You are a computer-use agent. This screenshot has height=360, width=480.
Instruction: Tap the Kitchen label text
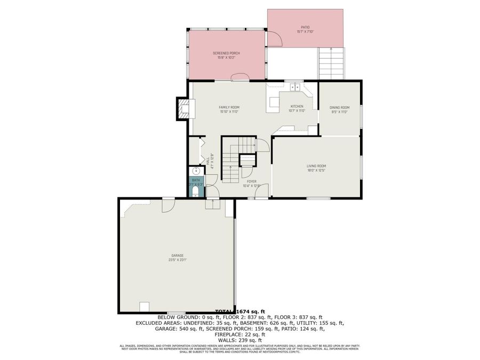click(x=297, y=106)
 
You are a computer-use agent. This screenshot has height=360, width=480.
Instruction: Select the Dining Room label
click(x=339, y=108)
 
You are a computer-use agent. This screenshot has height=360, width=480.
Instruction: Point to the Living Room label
click(x=316, y=166)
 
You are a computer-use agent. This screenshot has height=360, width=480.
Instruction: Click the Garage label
click(x=177, y=255)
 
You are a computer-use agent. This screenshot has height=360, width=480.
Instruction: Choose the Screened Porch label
click(x=226, y=53)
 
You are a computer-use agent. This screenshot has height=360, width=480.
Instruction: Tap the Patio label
click(x=305, y=27)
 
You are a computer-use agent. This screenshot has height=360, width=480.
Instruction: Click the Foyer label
click(x=251, y=181)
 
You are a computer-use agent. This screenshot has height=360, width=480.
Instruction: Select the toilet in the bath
click(x=196, y=190)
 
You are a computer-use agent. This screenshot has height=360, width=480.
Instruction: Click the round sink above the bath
click(x=196, y=171)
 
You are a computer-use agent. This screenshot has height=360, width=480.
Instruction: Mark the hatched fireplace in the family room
click(x=183, y=109)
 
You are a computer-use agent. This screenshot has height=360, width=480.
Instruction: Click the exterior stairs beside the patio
click(x=332, y=63)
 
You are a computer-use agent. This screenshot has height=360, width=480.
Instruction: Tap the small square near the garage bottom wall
click(x=144, y=306)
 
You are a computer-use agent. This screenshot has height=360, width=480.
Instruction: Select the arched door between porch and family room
click(x=240, y=77)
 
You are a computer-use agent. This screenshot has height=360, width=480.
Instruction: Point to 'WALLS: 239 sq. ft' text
click(x=240, y=340)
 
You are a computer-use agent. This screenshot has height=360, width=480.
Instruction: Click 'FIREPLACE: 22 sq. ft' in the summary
click(x=240, y=334)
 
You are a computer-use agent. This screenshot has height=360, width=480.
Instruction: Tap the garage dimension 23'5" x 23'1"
click(x=177, y=260)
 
